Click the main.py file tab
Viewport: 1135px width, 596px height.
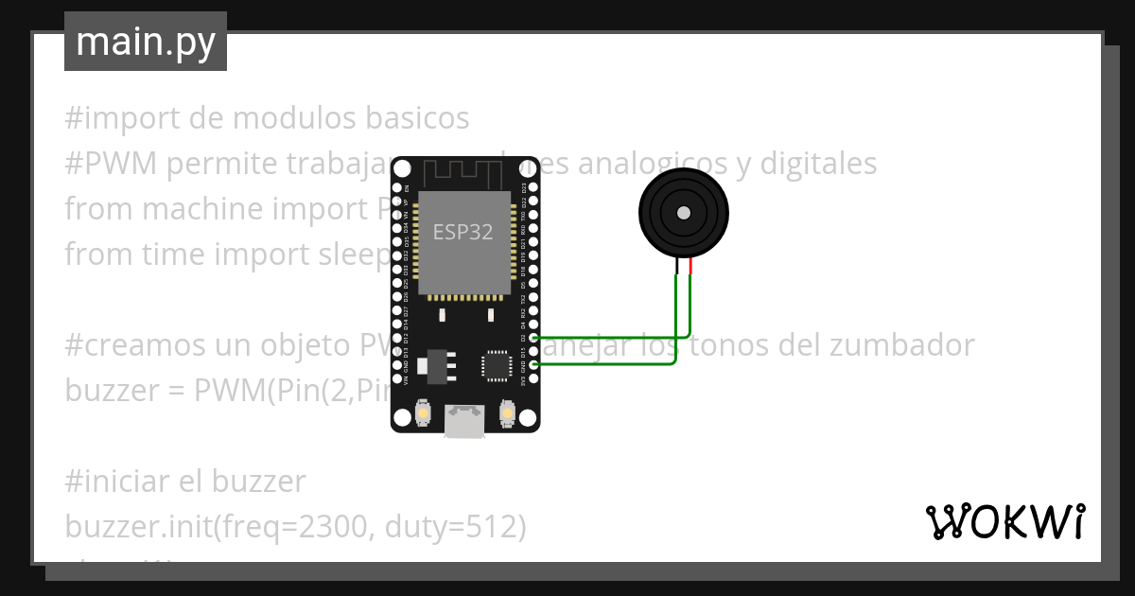click(x=145, y=42)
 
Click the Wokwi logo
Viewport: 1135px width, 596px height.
click(x=1004, y=521)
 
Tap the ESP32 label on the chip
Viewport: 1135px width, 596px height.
click(x=463, y=232)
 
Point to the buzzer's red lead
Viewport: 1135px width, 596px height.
click(x=691, y=267)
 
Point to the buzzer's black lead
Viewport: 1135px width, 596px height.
click(x=676, y=267)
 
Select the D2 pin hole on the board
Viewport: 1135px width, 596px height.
click(x=533, y=338)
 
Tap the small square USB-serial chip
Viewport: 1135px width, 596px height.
click(x=496, y=365)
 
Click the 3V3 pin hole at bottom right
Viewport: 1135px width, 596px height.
click(x=533, y=378)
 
